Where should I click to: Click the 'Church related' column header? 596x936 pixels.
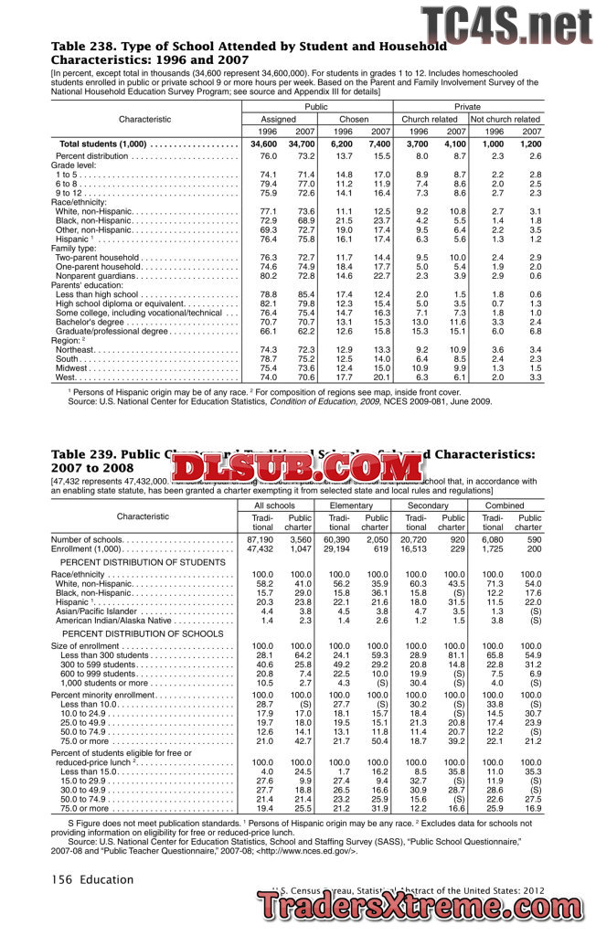(x=430, y=119)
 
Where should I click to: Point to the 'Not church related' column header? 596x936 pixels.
(x=506, y=119)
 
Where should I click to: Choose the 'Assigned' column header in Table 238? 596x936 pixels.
(x=279, y=119)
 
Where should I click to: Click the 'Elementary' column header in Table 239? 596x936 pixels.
(x=351, y=505)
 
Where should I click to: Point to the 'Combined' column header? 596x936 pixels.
(x=505, y=505)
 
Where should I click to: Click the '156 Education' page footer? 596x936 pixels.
(x=91, y=880)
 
